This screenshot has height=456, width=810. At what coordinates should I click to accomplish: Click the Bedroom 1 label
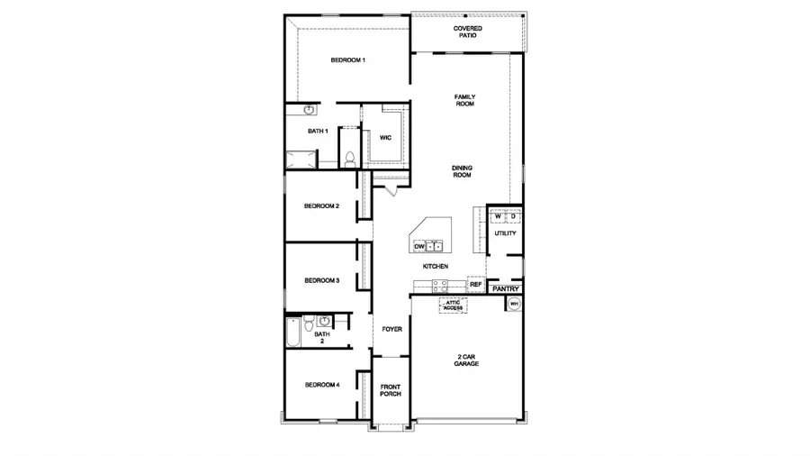[x=347, y=60]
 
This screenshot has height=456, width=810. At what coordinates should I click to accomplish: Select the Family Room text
[x=464, y=100]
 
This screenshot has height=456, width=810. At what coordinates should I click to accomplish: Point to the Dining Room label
[x=462, y=171]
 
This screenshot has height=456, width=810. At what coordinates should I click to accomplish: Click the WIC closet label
[x=385, y=138]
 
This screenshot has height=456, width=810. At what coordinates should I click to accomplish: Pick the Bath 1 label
[x=317, y=132]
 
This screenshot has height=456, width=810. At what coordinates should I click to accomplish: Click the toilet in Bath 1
[x=348, y=159]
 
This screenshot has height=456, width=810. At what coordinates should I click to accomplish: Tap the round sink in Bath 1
[x=308, y=110]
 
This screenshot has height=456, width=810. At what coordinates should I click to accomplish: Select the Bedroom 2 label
[x=321, y=206]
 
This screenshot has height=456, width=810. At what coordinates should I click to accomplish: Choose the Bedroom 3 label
[x=321, y=280]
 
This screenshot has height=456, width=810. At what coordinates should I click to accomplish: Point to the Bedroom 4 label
[x=321, y=385]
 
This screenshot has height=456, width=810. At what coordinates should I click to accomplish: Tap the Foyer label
[x=391, y=329]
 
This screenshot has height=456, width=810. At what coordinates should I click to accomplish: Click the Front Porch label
[x=391, y=390]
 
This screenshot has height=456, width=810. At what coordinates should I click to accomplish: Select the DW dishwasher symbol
[x=419, y=245]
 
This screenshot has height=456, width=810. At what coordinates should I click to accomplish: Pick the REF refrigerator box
[x=476, y=285]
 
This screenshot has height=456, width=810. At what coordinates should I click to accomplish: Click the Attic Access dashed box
[x=453, y=306]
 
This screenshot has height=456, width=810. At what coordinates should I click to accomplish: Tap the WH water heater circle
[x=514, y=305]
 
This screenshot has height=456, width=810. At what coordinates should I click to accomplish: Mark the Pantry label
[x=506, y=289]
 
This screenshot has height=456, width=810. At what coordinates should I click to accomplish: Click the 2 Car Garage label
[x=466, y=360]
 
